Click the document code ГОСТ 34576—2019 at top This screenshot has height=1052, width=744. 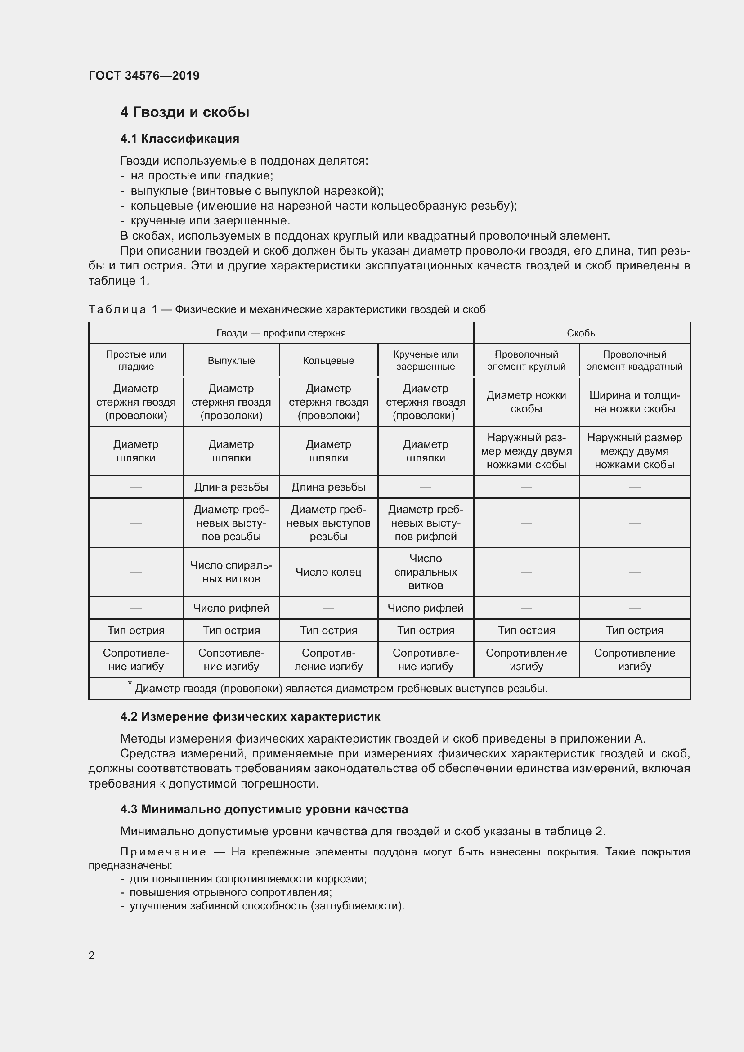tap(144, 76)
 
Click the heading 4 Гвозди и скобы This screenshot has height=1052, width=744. tap(184, 112)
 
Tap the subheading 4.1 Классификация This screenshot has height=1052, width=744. tap(179, 139)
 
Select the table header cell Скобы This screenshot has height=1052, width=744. tap(581, 333)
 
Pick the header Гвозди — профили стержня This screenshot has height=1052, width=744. tap(281, 333)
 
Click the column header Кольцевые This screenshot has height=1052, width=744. tap(328, 361)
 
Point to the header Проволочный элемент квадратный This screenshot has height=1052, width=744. tap(634, 360)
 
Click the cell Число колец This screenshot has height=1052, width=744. tap(328, 572)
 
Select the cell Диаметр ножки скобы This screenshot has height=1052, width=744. tap(526, 402)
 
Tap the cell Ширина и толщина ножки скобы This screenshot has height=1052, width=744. tap(634, 402)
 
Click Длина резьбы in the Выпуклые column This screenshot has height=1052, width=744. tap(231, 487)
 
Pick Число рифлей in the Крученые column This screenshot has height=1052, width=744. tap(425, 608)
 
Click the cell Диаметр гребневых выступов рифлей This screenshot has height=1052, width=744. tap(425, 523)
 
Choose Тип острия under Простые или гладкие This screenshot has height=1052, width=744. tap(135, 631)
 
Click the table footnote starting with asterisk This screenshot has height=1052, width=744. tap(339, 689)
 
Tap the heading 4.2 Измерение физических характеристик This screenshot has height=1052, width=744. tap(250, 716)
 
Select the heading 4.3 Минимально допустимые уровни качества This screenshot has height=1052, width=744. tap(264, 809)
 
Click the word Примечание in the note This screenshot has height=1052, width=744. tap(163, 852)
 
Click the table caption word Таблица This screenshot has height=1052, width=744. tap(117, 310)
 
